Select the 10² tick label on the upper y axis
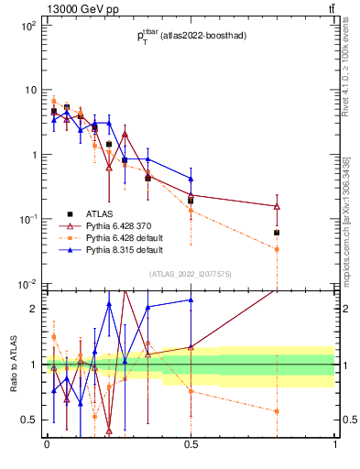pyautogui.click(x=27, y=26)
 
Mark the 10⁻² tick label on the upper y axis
pyautogui.click(x=27, y=283)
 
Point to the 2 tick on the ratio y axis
pyautogui.click(x=33, y=309)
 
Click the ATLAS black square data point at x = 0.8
pyautogui.click(x=277, y=233)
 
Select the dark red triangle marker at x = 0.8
pyautogui.click(x=277, y=206)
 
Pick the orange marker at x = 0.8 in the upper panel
pyautogui.click(x=277, y=249)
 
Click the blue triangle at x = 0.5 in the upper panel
pyautogui.click(x=191, y=179)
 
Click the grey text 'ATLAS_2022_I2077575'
pyautogui.click(x=191, y=273)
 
